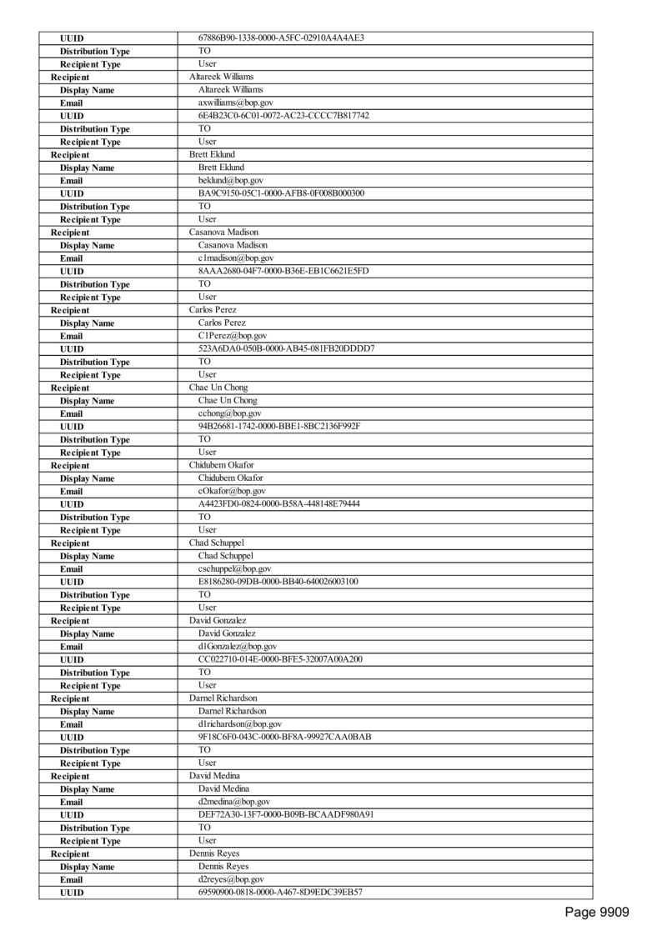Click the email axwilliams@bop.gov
(235, 103)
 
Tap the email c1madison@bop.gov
(235, 258)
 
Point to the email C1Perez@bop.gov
(232, 336)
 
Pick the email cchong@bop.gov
(229, 413)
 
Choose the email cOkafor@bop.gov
(233, 491)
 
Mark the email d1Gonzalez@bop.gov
(238, 647)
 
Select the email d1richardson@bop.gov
(239, 724)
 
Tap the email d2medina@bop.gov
(233, 802)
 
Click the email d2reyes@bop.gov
(231, 879)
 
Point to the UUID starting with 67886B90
(281, 38)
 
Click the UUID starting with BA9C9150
(281, 193)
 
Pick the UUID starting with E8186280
(278, 581)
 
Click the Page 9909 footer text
(597, 913)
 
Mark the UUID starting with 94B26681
(279, 426)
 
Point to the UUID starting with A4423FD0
(279, 503)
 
